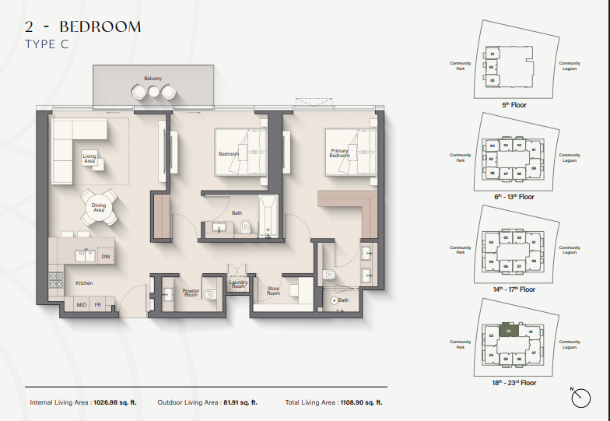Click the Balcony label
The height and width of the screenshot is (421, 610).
click(152, 78)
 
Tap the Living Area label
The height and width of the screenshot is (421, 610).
click(90, 159)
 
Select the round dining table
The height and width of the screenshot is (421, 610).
click(99, 208)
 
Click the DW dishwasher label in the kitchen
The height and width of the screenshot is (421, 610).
click(105, 255)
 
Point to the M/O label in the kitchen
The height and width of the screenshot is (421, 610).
click(80, 304)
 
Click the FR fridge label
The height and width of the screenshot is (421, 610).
click(98, 304)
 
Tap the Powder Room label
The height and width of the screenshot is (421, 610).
click(191, 293)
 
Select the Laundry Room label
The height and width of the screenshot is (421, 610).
click(238, 284)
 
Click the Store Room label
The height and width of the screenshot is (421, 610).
click(273, 291)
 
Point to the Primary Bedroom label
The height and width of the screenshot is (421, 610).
click(339, 153)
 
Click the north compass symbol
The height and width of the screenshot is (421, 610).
click(580, 398)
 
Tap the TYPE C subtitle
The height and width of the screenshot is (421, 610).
click(47, 44)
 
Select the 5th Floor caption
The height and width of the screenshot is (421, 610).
click(514, 103)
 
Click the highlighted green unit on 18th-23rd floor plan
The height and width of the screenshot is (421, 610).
click(508, 331)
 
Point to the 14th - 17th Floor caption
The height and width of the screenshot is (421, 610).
click(514, 289)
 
